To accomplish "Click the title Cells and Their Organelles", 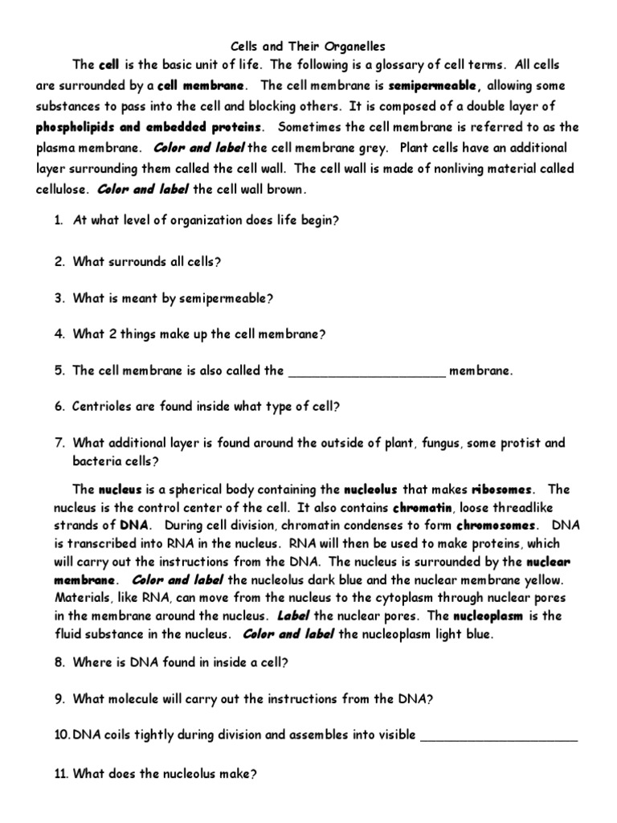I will click(308, 47).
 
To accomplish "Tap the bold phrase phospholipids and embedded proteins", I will click(149, 127).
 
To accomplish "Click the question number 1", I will click(59, 220).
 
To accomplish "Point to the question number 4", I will click(59, 334).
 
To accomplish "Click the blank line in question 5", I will click(366, 371).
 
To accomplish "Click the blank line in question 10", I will click(498, 735).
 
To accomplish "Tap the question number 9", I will click(59, 699).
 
